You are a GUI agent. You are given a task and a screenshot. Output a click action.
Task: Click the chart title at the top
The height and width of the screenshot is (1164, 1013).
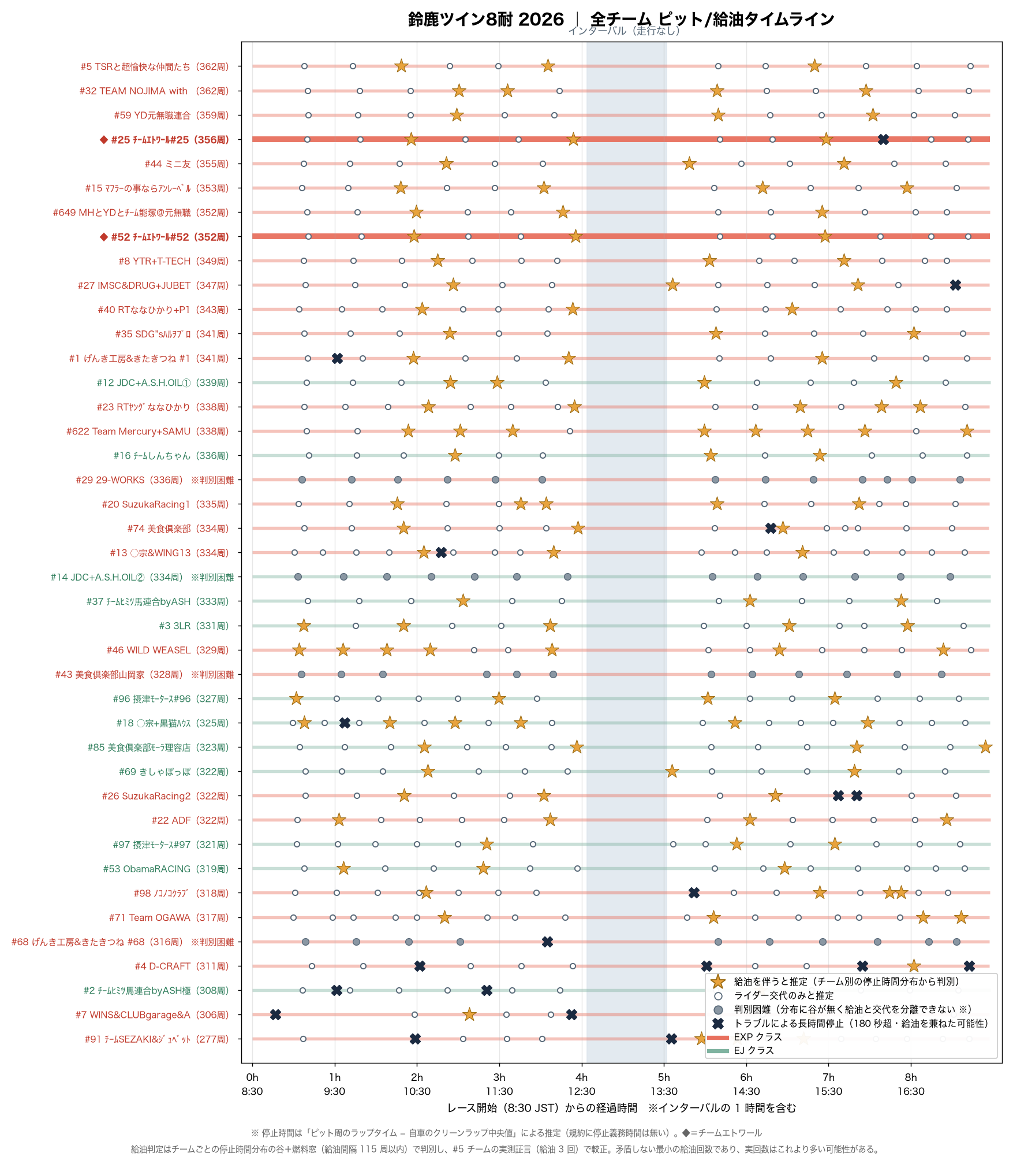point(621,19)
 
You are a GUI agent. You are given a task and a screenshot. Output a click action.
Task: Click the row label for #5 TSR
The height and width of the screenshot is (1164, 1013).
point(155,66)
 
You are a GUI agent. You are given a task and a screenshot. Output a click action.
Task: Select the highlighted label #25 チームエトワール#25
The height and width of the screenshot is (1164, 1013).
point(165,139)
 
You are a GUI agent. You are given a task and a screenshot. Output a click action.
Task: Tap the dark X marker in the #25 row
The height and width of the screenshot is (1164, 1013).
point(883,139)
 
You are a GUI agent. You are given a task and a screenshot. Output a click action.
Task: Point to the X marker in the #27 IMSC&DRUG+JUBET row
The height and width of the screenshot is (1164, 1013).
point(955,285)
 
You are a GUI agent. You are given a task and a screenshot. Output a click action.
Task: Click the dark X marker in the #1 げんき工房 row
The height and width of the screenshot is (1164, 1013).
point(338,358)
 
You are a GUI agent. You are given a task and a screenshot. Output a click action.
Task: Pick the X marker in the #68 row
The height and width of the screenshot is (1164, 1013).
point(547,942)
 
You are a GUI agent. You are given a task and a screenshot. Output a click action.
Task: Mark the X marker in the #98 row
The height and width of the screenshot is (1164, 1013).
point(694,893)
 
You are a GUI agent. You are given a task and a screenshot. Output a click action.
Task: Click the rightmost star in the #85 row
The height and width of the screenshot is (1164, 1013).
point(985,747)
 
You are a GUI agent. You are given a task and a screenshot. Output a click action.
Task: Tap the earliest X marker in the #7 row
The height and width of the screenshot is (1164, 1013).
point(275,1014)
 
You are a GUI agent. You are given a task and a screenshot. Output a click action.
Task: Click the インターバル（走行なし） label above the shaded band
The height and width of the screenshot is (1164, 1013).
point(625,31)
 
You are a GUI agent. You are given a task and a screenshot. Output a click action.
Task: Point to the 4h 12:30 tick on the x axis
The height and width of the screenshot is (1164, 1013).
point(582,1084)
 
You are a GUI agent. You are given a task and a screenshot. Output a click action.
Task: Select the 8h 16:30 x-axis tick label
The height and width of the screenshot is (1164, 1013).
point(911,1084)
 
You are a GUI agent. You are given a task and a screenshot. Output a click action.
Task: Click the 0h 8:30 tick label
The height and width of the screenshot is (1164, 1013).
point(252,1084)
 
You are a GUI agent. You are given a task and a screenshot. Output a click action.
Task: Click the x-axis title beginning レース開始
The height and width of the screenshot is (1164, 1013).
point(622,1108)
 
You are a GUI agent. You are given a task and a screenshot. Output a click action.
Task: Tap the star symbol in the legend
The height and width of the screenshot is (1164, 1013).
point(718,981)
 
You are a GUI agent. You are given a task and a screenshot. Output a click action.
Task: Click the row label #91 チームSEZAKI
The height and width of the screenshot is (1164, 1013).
point(156,1039)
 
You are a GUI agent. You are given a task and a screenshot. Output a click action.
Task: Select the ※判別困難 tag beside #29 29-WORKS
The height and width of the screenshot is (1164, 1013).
point(212,480)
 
